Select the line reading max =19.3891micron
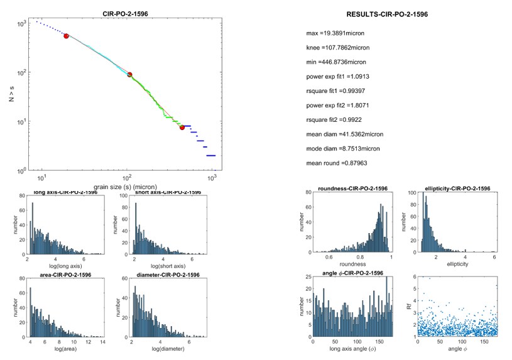(335, 33)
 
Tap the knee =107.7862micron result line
(337, 47)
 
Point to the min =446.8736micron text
(336, 62)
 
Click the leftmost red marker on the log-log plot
(66, 36)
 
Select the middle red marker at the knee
(130, 75)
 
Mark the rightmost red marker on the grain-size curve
(182, 128)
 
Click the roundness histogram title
(352, 188)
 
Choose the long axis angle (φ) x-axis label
(352, 349)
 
